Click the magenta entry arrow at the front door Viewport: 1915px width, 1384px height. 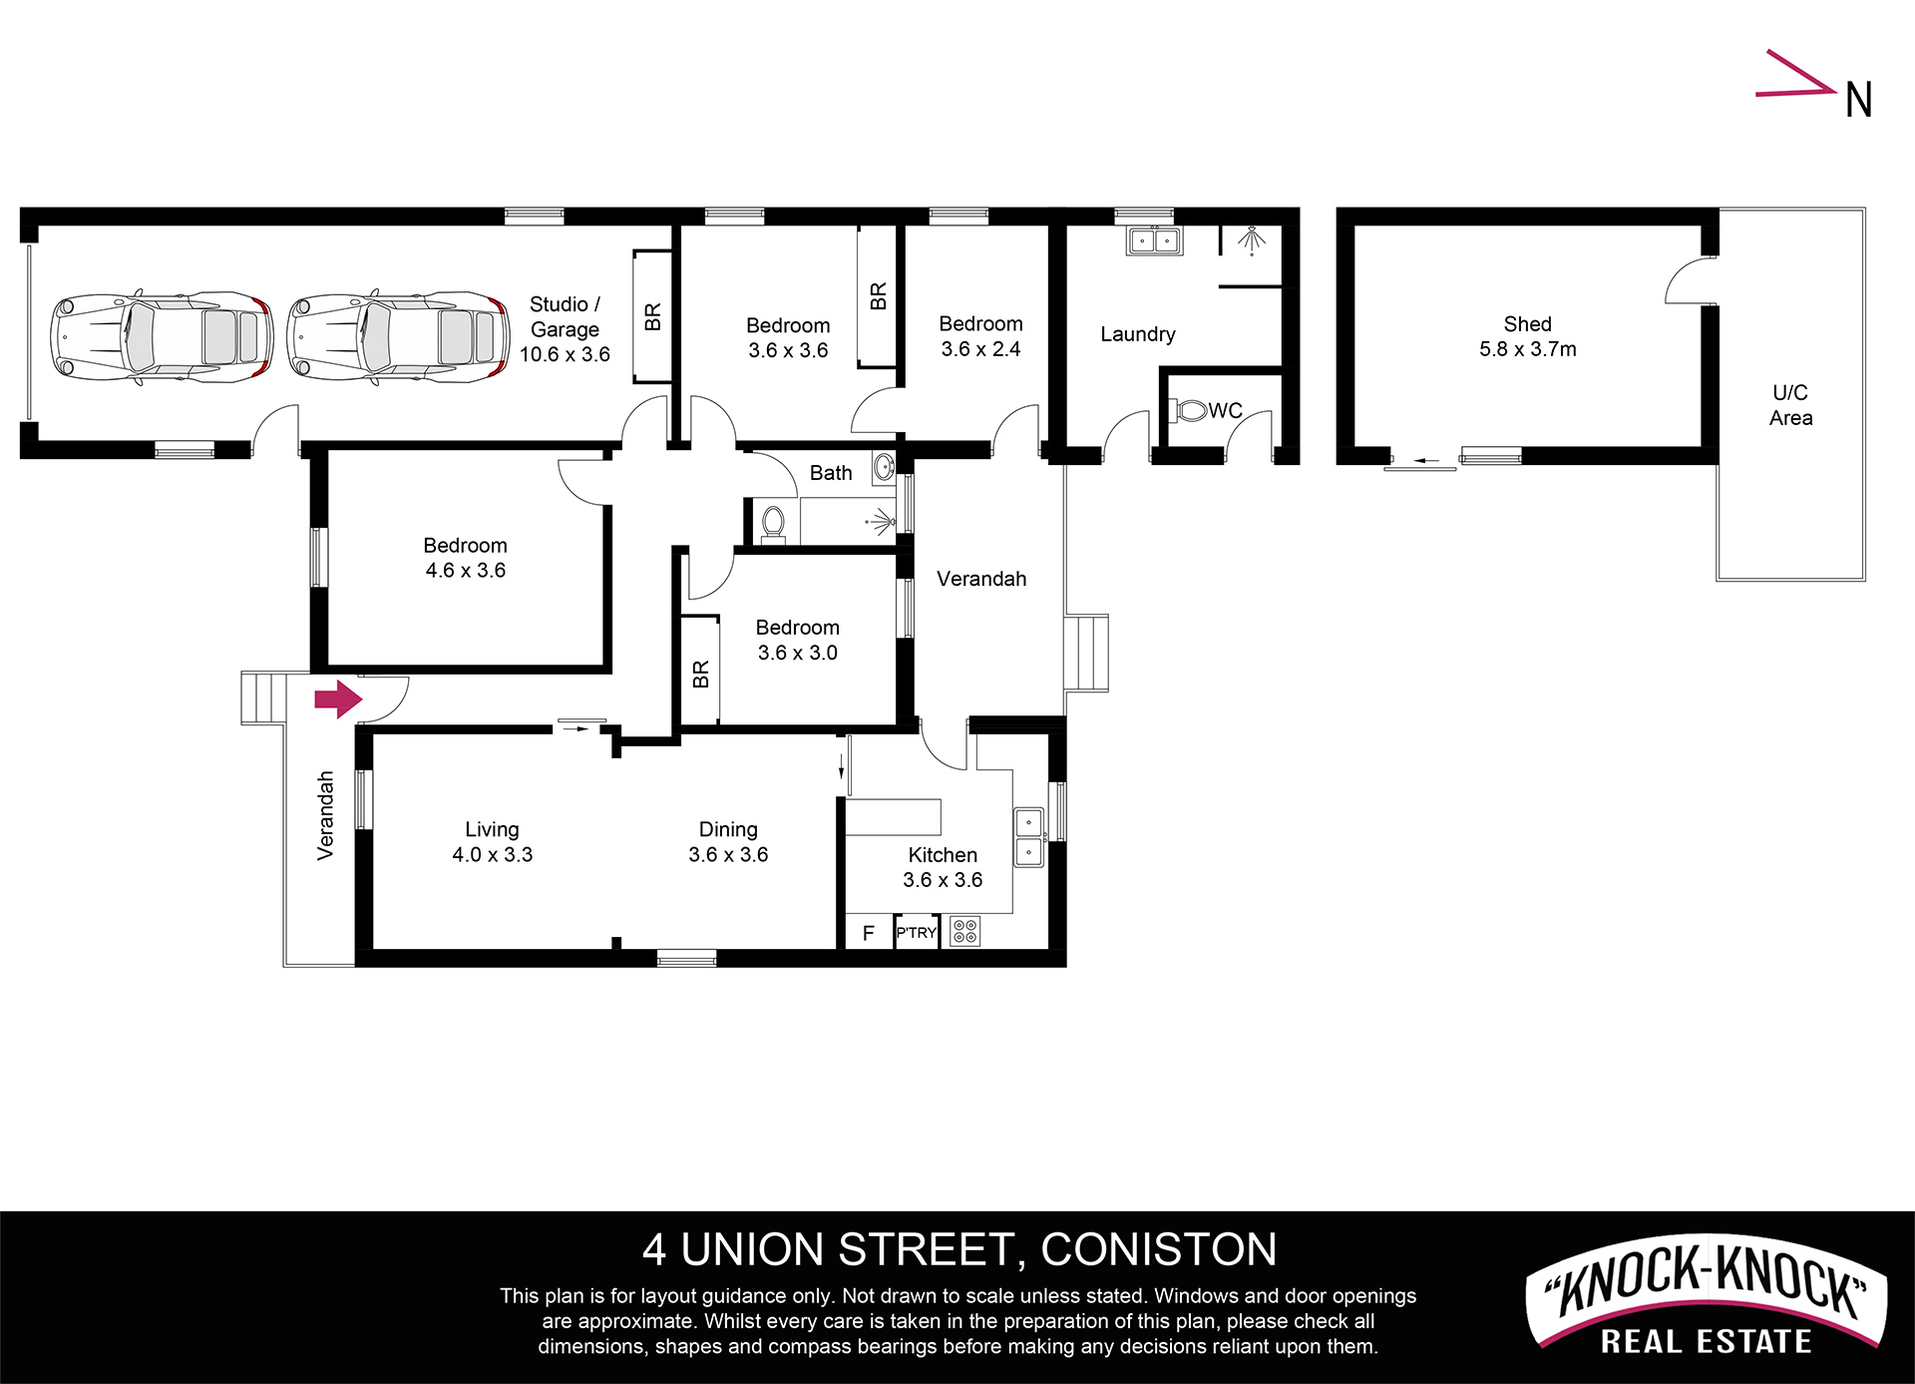(x=338, y=699)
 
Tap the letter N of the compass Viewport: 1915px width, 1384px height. (x=1858, y=100)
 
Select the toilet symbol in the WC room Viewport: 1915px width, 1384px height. (x=1191, y=410)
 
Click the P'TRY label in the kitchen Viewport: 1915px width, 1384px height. (x=916, y=933)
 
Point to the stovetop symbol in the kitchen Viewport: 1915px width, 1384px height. (x=964, y=931)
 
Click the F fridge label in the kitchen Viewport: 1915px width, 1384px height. (x=869, y=933)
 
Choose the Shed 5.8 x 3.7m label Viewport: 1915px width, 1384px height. (x=1527, y=336)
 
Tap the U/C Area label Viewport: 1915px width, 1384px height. (x=1790, y=405)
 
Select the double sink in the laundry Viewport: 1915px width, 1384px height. (x=1154, y=240)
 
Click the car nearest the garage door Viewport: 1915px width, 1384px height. (x=162, y=337)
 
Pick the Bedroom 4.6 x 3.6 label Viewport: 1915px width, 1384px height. (x=465, y=558)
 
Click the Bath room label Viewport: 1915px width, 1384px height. (x=831, y=473)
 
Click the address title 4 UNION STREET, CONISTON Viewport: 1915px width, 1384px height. (x=959, y=1249)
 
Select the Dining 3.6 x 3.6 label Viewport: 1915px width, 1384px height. (x=728, y=841)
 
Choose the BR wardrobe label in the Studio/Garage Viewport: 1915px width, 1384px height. (x=652, y=317)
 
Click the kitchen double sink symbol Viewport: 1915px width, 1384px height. (x=1028, y=837)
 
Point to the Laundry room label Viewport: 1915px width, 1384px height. (x=1138, y=334)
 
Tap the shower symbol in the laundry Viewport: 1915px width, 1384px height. (x=1251, y=240)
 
